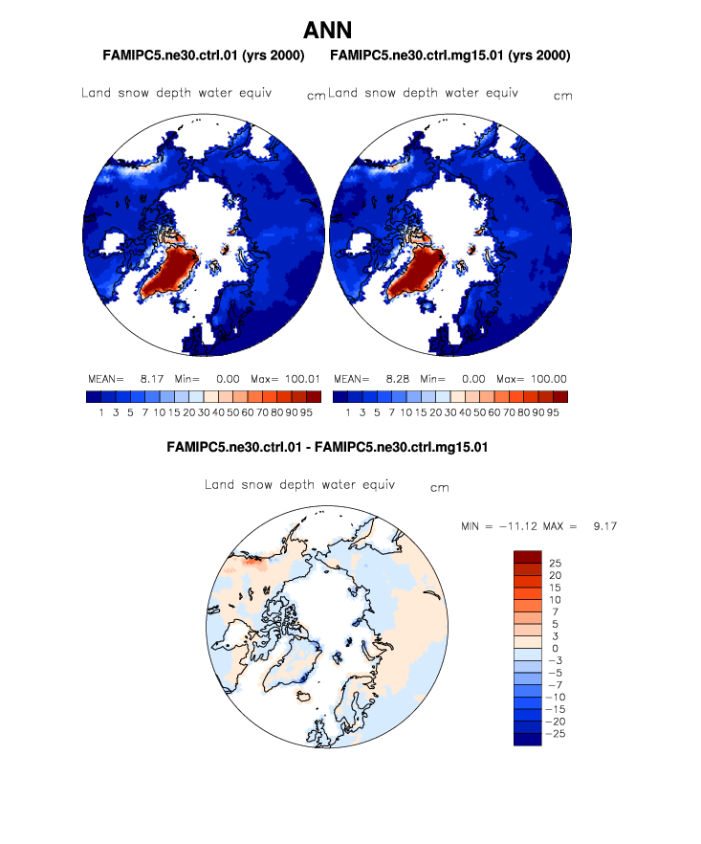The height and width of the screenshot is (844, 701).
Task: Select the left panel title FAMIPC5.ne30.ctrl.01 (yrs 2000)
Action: click(203, 56)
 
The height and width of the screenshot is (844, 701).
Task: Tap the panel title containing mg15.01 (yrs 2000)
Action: click(449, 56)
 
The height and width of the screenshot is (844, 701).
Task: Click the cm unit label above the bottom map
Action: click(439, 488)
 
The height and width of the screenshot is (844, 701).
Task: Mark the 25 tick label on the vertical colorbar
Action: click(554, 564)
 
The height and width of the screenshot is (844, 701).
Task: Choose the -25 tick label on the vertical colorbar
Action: click(552, 732)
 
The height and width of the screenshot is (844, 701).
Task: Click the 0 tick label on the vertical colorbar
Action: click(551, 648)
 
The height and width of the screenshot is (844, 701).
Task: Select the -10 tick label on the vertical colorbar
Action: click(552, 697)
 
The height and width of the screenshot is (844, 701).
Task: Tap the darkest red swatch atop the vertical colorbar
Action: click(528, 557)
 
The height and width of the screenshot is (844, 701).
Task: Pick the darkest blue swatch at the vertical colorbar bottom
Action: click(528, 738)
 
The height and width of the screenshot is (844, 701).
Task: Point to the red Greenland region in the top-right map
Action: click(417, 273)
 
